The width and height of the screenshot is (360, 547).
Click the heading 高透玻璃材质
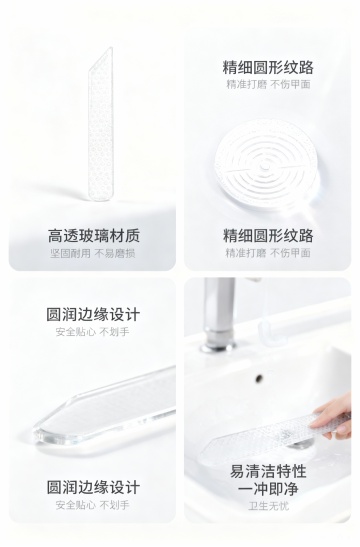point(93,235)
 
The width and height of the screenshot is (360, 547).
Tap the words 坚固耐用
point(70,253)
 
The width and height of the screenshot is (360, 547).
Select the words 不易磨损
point(115,253)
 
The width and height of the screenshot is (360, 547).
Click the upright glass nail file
point(100,124)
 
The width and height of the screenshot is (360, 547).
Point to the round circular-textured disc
point(267,164)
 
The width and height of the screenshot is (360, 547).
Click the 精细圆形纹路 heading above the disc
point(268,67)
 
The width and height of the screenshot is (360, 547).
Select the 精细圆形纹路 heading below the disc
point(268,235)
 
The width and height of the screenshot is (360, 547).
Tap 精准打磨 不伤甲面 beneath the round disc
point(268,253)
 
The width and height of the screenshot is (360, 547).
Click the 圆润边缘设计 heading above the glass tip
point(93,314)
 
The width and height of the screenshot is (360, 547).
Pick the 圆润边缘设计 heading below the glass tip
point(93,487)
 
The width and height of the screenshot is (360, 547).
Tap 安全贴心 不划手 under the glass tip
point(92,504)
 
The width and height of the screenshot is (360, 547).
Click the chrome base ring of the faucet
point(218,347)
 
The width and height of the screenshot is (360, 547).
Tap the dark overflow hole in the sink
point(259,378)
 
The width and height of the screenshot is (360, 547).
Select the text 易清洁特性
point(268,471)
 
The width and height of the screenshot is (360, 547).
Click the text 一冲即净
point(268,488)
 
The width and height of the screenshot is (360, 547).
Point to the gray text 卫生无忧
point(268,505)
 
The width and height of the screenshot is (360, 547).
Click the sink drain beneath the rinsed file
point(299,444)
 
